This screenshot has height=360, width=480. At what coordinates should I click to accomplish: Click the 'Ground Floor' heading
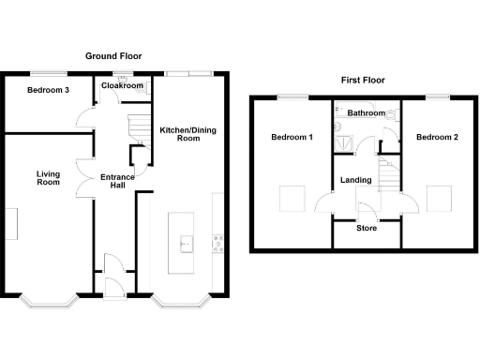click(x=113, y=57)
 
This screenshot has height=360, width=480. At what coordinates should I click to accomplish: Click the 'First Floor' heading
click(x=363, y=81)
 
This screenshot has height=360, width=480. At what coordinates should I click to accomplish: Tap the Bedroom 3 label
click(x=47, y=91)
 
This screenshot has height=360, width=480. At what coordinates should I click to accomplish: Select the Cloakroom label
click(x=123, y=86)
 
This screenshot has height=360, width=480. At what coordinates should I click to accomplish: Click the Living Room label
click(x=49, y=177)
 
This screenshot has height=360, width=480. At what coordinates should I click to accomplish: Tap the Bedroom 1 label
click(x=292, y=138)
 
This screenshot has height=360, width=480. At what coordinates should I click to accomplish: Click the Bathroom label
click(x=366, y=113)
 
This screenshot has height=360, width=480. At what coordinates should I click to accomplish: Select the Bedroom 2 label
click(x=437, y=138)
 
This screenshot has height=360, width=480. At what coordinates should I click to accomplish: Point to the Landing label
click(x=356, y=180)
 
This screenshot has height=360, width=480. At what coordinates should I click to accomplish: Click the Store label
click(x=367, y=228)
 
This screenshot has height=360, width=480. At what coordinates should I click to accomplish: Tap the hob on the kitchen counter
click(x=218, y=244)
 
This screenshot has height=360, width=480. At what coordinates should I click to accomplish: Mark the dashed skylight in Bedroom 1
click(x=292, y=199)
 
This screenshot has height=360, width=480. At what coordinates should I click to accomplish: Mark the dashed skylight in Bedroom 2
click(x=438, y=199)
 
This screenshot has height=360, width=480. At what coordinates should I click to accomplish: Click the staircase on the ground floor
click(x=139, y=127)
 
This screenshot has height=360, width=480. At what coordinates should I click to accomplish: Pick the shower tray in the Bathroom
click(x=343, y=142)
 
